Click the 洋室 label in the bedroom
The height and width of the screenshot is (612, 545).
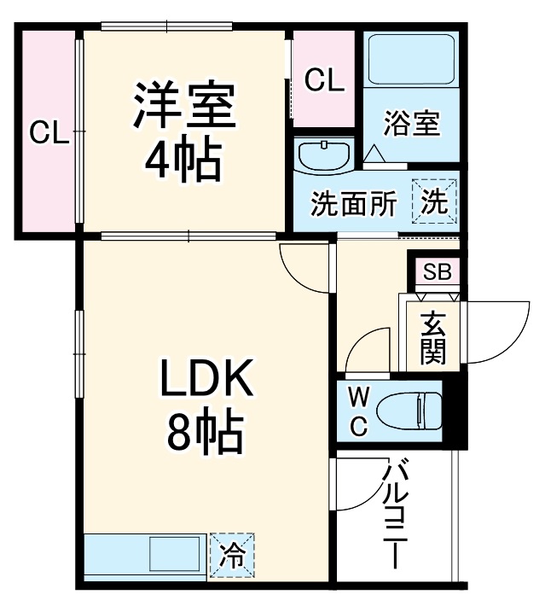[184, 105]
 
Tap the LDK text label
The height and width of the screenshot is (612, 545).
[207, 378]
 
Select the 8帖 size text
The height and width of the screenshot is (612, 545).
[206, 434]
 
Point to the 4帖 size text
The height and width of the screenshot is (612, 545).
[183, 160]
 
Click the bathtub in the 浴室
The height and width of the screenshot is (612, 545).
[411, 60]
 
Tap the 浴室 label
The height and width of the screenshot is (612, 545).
[412, 124]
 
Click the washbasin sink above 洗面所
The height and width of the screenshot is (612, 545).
[324, 155]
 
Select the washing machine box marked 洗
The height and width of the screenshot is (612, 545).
[434, 201]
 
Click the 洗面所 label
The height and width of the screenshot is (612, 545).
[354, 203]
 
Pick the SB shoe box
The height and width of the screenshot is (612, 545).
[438, 271]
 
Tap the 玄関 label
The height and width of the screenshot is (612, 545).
[433, 338]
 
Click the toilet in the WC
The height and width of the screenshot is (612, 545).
[409, 411]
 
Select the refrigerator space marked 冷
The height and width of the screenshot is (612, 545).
[232, 556]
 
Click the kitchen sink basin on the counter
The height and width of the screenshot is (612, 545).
[175, 555]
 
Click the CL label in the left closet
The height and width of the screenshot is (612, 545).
[49, 132]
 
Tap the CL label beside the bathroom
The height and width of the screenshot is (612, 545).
[325, 80]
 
